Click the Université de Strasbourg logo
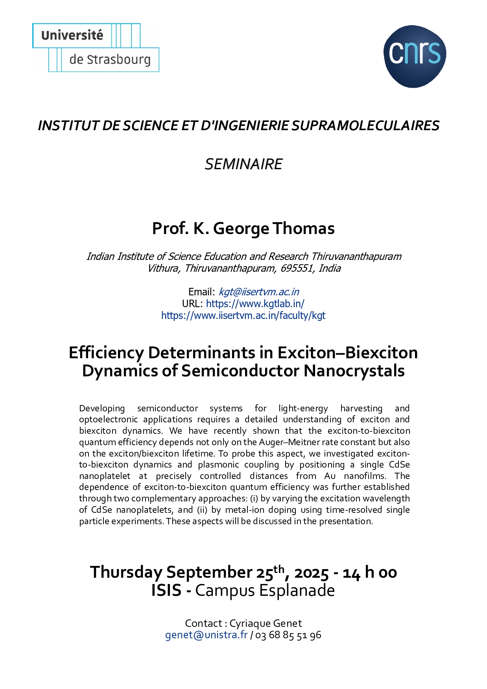tap(96, 48)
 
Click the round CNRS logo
tap(415, 56)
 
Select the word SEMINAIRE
tap(243, 164)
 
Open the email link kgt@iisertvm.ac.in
tap(259, 292)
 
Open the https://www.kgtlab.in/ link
tap(255, 304)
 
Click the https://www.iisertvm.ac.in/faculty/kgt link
tap(243, 315)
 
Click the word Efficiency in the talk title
tap(106, 353)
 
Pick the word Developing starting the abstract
tap(102, 409)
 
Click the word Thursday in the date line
tap(126, 572)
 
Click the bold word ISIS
tap(166, 591)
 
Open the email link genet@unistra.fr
tap(206, 635)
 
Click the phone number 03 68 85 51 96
tap(288, 635)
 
